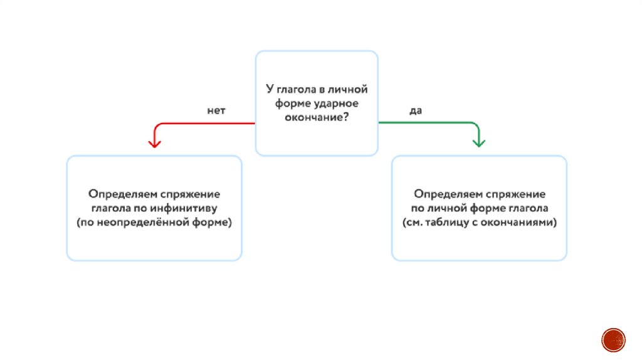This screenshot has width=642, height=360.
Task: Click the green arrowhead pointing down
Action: tap(479, 142)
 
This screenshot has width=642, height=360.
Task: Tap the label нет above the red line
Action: tap(216, 110)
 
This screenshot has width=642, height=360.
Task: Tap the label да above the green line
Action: tap(416, 110)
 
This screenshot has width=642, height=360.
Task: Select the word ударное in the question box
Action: tap(336, 103)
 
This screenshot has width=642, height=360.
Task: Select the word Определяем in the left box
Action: tap(118, 194)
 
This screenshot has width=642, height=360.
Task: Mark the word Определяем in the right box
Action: tap(443, 194)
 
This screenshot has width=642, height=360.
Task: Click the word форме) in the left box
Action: tap(214, 222)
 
